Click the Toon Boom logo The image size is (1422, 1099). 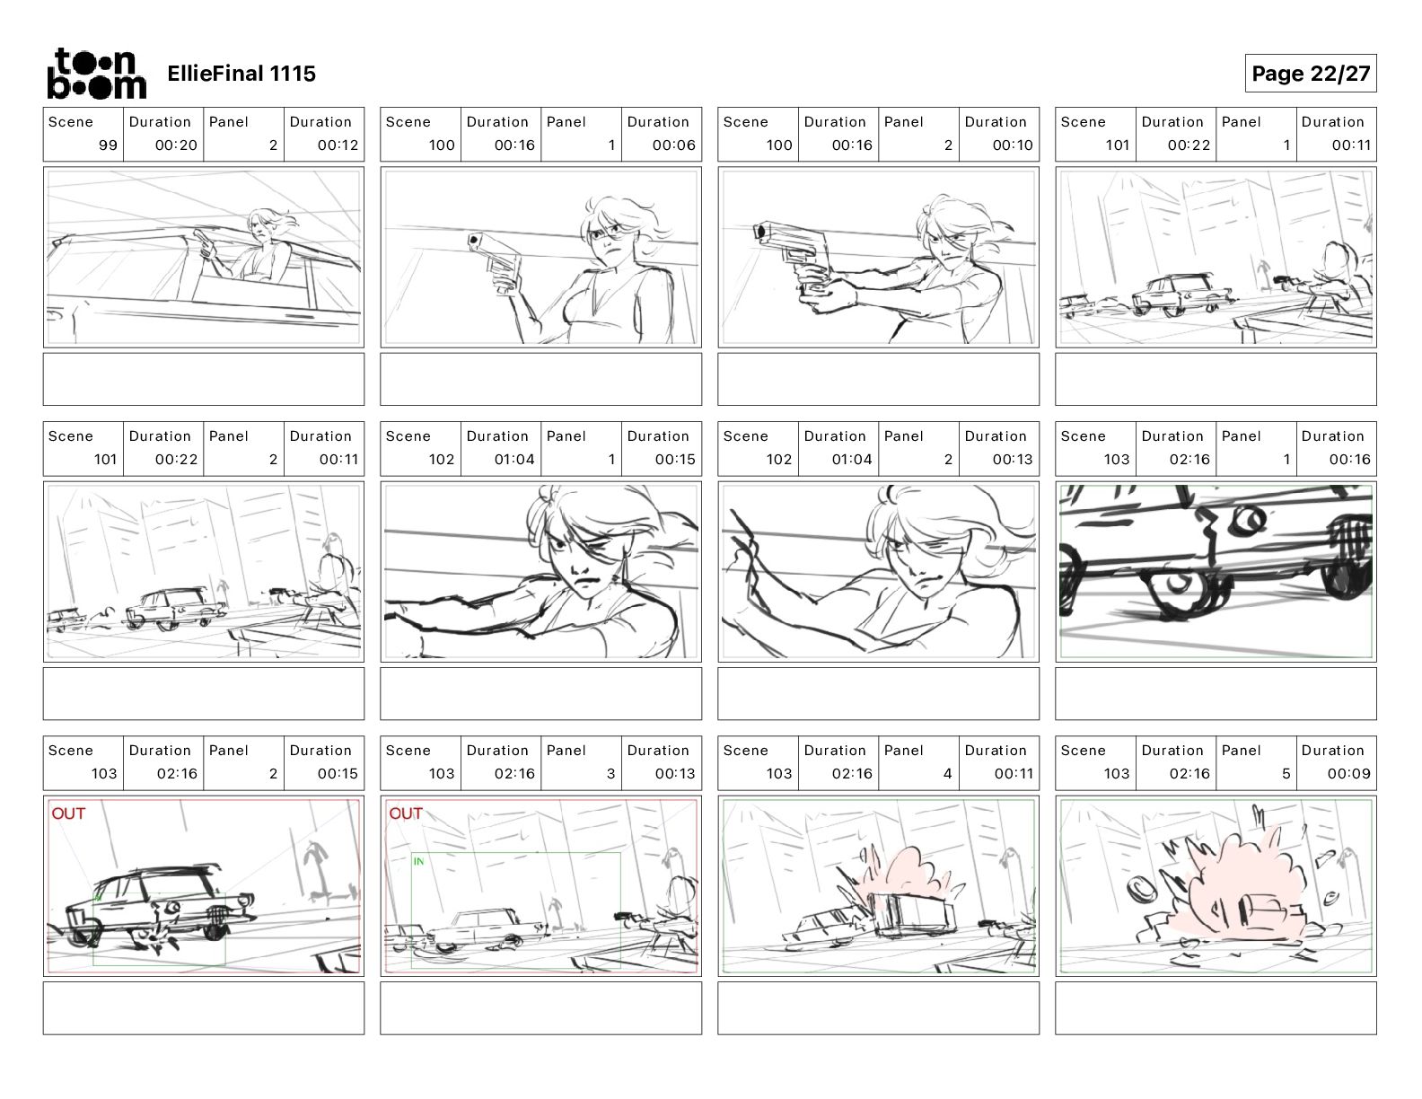coord(97,74)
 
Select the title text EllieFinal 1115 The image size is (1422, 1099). coord(241,74)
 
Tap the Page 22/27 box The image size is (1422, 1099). coord(1310,74)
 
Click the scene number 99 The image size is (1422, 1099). coord(108,145)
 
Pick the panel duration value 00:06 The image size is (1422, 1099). coord(673,145)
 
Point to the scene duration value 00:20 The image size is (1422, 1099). coord(176,145)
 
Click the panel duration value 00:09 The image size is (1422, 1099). coord(1348,774)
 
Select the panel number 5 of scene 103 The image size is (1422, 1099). coord(1286,774)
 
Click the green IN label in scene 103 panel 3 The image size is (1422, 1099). coord(419,861)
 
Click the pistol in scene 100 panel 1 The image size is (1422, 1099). coord(496,261)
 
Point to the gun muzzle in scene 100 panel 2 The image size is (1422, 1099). coord(760,231)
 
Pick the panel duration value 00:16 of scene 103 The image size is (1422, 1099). coord(1349,460)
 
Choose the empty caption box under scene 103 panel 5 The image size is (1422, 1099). coord(1216,1008)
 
